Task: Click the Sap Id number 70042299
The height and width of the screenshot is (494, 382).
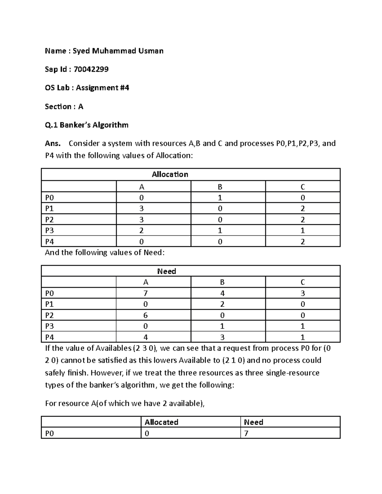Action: pos(91,69)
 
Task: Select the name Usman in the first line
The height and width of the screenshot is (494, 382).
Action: pos(151,51)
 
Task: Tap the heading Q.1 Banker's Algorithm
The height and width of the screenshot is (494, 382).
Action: pos(87,125)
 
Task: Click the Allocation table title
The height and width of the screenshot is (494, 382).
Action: pos(170,174)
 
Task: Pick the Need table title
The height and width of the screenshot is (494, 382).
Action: pos(166,271)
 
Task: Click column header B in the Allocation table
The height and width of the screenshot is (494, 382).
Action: pos(220,187)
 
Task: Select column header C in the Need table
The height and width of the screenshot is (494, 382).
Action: pos(302,282)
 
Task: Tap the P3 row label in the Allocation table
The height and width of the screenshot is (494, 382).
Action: pos(50,231)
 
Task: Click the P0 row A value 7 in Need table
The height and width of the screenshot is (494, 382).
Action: pos(145,293)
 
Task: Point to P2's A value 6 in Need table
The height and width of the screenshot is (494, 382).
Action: pos(145,315)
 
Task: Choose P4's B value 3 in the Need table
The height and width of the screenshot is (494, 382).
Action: pos(222,337)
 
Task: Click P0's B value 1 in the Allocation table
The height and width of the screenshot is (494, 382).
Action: pos(220,198)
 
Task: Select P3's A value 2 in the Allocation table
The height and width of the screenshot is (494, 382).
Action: pos(141,231)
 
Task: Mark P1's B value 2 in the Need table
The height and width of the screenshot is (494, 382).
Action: pos(222,304)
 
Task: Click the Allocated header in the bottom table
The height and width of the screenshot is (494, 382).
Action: pos(161,422)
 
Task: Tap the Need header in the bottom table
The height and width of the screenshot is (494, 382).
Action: pos(253,422)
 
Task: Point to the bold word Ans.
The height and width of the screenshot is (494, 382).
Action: pos(53,143)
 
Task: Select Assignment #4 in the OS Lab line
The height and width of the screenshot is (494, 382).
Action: pos(102,88)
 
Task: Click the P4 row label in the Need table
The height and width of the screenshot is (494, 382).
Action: pos(50,337)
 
